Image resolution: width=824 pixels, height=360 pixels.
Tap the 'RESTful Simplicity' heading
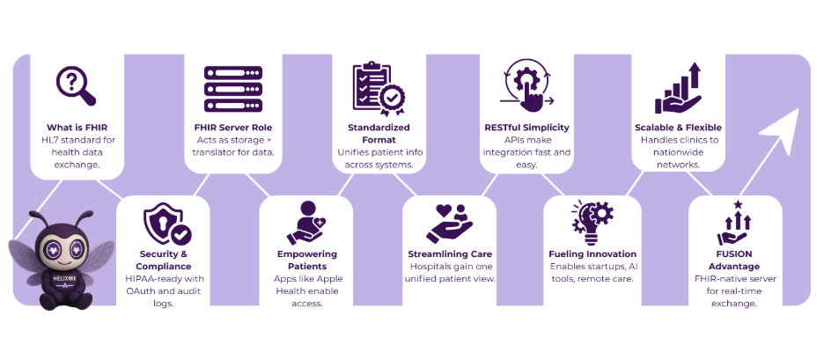point(526,128)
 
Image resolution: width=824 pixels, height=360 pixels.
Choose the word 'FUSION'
point(736,256)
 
